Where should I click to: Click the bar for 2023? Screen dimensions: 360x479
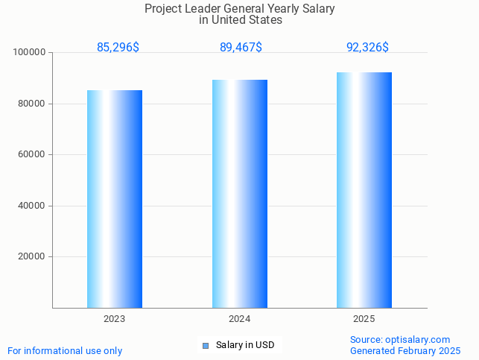(x=115, y=199)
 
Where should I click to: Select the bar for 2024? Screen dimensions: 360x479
(x=240, y=194)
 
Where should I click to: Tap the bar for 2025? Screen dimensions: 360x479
(x=364, y=190)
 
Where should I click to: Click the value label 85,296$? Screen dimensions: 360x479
(x=118, y=48)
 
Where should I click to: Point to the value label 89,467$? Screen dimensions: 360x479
(x=241, y=48)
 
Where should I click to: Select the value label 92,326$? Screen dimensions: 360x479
(x=367, y=48)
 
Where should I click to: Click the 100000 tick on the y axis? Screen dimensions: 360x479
(x=31, y=53)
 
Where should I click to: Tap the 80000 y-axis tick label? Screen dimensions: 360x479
(x=33, y=104)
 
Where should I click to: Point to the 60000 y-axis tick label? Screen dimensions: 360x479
(x=33, y=155)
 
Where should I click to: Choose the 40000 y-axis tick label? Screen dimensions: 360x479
(x=33, y=206)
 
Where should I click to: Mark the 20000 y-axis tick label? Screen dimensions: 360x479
(x=33, y=257)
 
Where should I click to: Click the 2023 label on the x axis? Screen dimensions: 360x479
(x=115, y=319)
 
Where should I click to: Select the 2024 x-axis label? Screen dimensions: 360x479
(x=240, y=319)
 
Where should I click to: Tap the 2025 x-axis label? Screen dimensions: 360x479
(x=364, y=319)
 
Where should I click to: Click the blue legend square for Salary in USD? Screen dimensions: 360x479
(x=206, y=345)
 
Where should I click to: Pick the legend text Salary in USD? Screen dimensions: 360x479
(x=245, y=345)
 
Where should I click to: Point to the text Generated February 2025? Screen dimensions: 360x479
(x=405, y=351)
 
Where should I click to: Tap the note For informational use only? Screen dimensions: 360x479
(x=65, y=351)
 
